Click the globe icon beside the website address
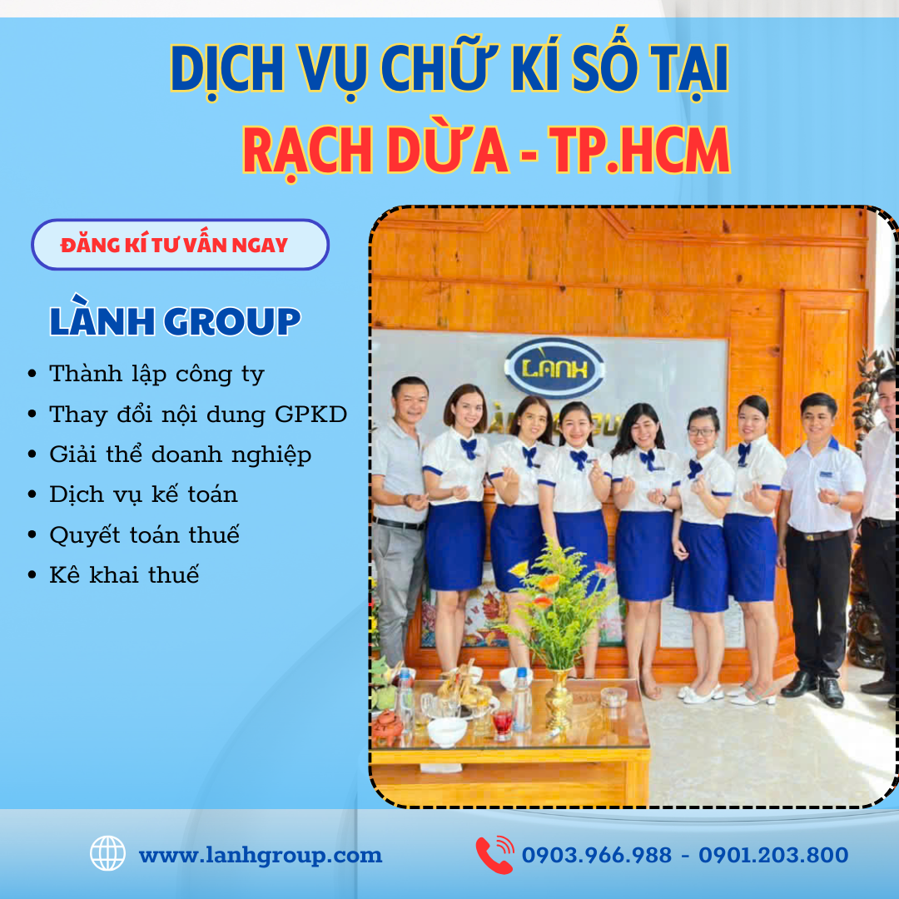(107, 854)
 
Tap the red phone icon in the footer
(494, 855)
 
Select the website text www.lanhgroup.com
(260, 855)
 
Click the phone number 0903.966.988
(596, 855)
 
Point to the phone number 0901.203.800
(773, 855)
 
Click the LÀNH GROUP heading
(175, 322)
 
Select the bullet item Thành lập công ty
(156, 374)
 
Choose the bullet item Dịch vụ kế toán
(143, 494)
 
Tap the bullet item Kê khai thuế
(124, 574)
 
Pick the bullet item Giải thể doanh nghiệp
(180, 454)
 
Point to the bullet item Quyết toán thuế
(144, 534)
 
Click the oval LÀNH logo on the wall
(554, 366)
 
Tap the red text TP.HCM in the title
(641, 151)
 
